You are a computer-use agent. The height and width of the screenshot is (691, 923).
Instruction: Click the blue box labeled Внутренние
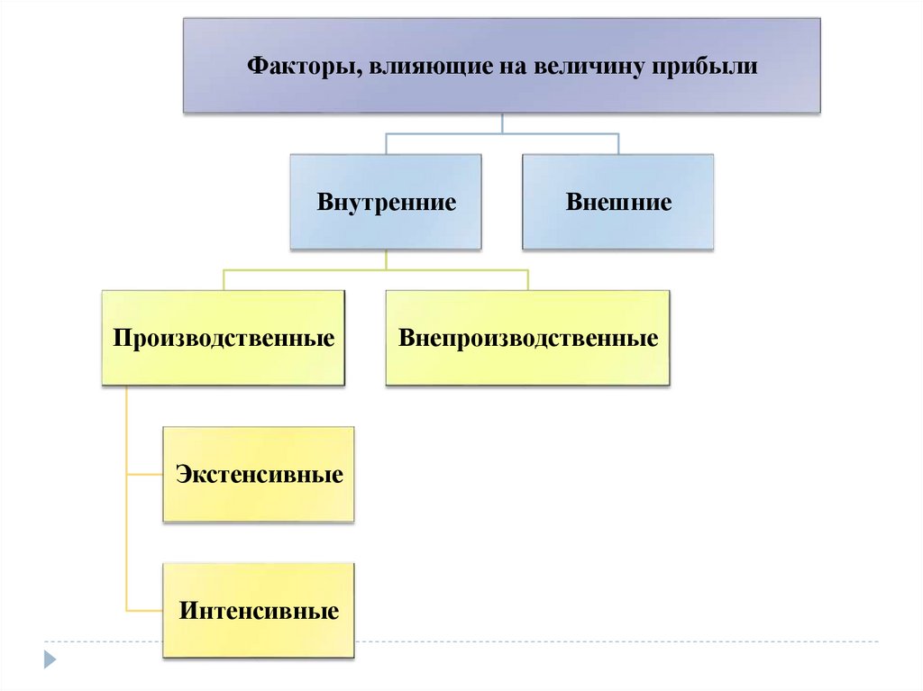tap(386, 202)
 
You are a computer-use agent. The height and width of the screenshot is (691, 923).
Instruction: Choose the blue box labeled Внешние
tap(618, 202)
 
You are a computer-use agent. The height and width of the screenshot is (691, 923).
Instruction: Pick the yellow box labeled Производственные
tap(224, 339)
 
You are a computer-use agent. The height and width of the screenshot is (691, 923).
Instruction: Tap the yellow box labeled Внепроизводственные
tap(528, 339)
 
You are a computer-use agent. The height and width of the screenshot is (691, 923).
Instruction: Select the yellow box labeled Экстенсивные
tap(260, 475)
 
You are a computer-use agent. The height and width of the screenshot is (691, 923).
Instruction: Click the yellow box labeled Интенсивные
tap(260, 612)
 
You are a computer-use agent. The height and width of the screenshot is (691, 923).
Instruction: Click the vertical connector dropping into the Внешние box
tap(618, 144)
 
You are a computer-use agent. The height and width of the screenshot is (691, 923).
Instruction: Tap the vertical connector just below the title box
tap(502, 123)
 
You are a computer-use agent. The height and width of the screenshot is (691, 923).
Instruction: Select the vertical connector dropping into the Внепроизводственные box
tap(528, 280)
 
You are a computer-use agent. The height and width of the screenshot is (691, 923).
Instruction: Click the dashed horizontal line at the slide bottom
tap(631, 641)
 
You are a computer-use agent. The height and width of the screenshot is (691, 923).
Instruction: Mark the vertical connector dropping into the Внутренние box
tap(386, 144)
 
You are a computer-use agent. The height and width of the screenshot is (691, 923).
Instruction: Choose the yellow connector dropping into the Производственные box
tap(224, 280)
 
